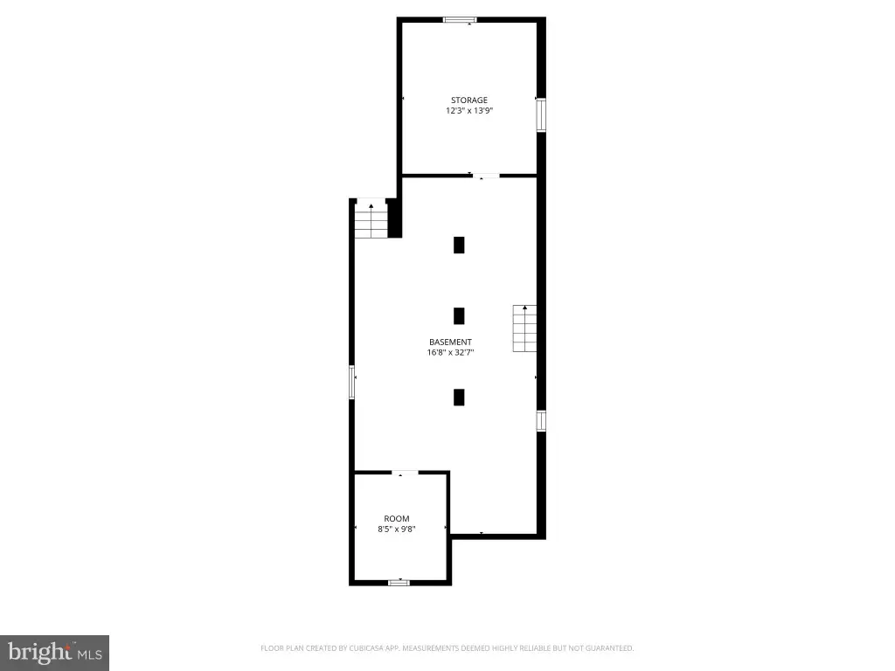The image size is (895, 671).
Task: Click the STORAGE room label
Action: coord(469,100)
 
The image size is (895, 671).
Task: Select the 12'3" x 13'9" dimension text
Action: coord(469,111)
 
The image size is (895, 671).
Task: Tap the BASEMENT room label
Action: coord(450,342)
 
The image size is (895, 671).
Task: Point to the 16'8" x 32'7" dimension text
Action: coord(450,353)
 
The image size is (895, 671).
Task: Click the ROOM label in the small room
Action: coord(397,519)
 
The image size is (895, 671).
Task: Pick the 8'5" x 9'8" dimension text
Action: coord(397,529)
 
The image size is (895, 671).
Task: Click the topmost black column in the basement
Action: coord(459,245)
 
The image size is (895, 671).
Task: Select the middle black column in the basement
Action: coord(459,316)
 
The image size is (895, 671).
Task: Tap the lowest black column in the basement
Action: coord(459,398)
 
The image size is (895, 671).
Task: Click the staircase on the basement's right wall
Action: coord(524,329)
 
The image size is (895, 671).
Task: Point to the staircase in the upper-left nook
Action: coord(371,221)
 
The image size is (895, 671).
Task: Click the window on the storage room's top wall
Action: coord(460,20)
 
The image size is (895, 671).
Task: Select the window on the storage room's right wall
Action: coord(541,115)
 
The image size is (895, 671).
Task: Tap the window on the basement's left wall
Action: coord(352,383)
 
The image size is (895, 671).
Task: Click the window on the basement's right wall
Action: coord(541,421)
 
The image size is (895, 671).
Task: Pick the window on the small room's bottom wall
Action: coord(399,583)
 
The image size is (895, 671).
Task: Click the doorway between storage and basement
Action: coord(486,176)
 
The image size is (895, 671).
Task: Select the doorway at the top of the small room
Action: coord(406,473)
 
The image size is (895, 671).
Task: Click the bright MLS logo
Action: coord(54,653)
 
